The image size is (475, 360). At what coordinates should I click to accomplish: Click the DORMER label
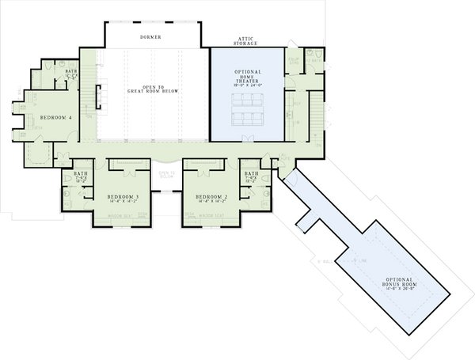(151, 36)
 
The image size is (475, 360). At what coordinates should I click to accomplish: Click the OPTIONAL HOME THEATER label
(247, 77)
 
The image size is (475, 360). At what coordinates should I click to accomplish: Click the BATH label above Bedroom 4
(70, 73)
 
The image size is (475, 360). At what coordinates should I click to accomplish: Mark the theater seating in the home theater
(247, 109)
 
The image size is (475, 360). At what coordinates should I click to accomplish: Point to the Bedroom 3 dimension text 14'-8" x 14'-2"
(123, 203)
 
